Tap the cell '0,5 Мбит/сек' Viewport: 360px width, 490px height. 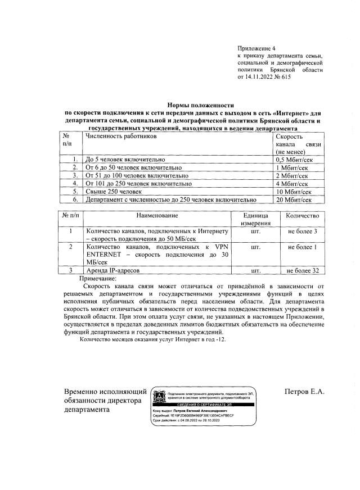coord(294,160)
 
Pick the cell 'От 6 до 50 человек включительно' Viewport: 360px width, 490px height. coord(133,167)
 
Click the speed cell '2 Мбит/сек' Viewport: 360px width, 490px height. coord(292,175)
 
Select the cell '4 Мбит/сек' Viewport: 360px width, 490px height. coord(292,183)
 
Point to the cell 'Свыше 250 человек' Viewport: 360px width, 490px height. coord(113,191)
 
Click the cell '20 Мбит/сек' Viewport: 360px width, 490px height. coord(294,199)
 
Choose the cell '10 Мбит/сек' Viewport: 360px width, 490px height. coord(294,191)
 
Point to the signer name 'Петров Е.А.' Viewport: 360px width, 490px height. coord(305,392)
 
